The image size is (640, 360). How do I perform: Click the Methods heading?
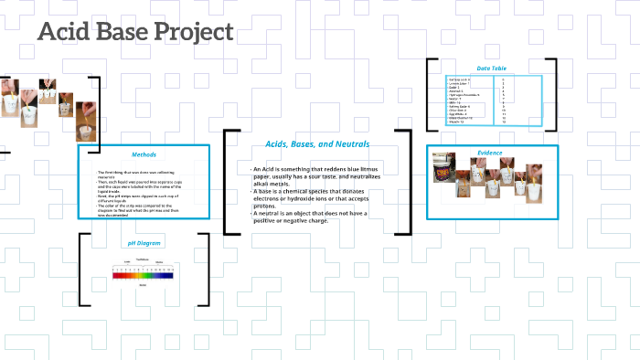point(144,154)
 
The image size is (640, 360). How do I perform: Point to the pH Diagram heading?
point(144,243)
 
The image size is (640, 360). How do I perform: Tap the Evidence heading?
point(490,153)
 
